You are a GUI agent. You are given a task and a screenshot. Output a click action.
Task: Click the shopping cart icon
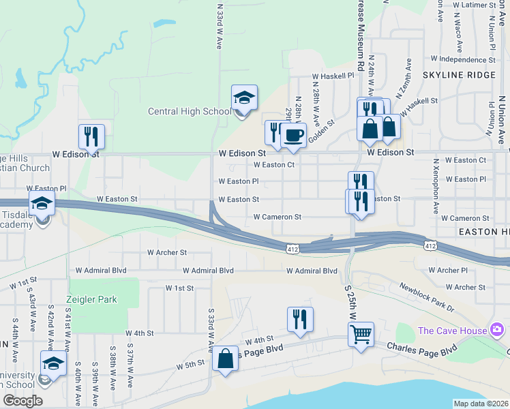pos(360,335)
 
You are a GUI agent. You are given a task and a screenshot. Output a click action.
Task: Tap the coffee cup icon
pos(293,135)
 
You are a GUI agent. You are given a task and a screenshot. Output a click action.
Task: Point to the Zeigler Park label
pos(91,299)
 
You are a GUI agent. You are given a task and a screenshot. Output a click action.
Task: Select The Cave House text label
pos(452,331)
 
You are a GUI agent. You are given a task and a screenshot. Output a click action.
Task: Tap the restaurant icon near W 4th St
pos(300,319)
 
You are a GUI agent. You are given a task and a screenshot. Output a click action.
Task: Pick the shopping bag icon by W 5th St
pos(225,358)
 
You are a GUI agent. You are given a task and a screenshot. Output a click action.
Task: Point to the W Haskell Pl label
pos(333,76)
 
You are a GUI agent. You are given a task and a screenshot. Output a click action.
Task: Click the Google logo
pos(22,400)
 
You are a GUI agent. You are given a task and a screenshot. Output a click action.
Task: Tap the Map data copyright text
pos(481,404)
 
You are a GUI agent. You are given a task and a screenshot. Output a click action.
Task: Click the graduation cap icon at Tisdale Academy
pos(42,203)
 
